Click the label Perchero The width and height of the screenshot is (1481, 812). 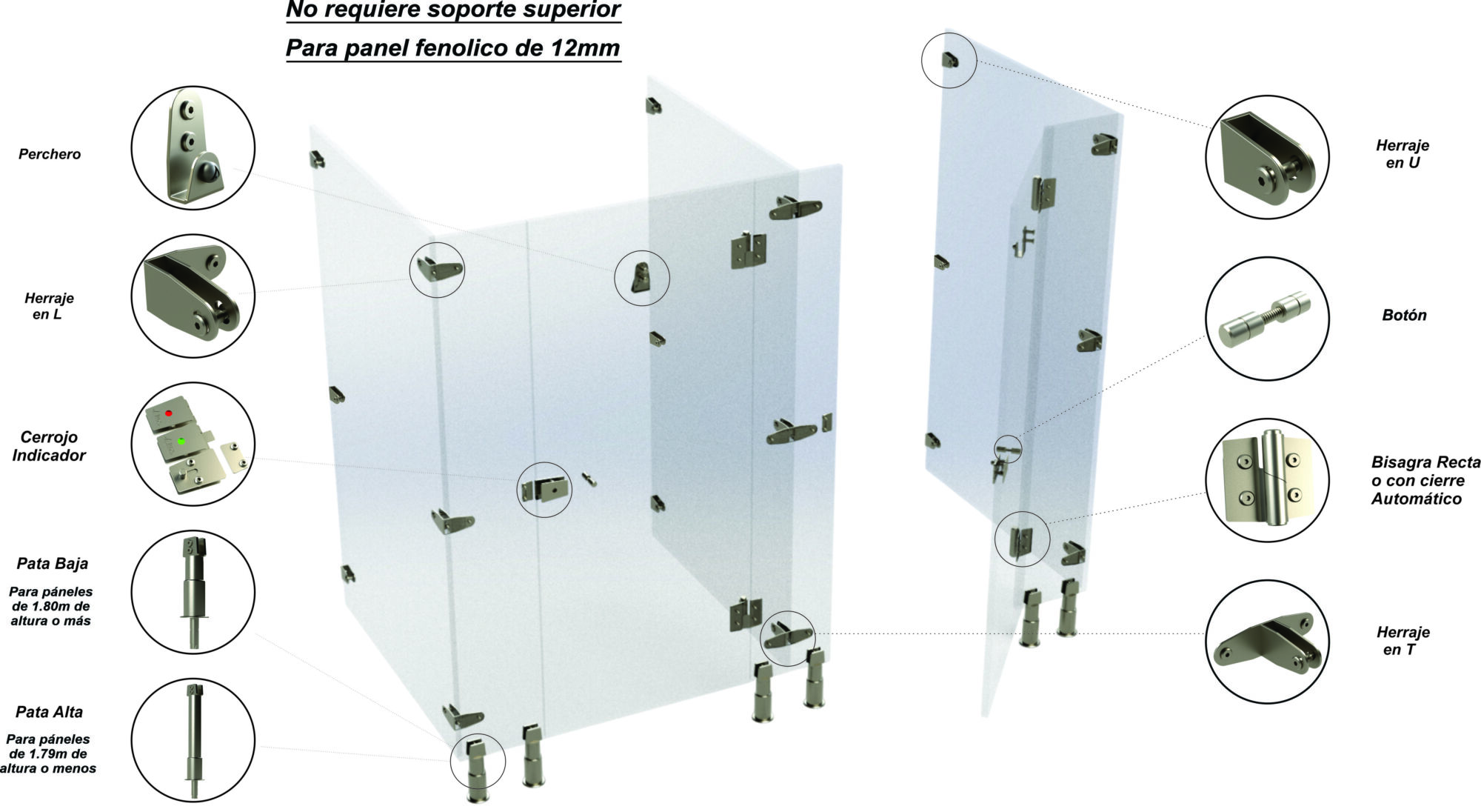50,154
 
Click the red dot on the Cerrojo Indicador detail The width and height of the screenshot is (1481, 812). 169,413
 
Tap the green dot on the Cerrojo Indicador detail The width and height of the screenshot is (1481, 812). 181,441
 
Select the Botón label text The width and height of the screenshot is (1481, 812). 1404,315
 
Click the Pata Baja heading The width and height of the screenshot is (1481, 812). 53,563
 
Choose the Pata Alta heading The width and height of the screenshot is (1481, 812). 50,712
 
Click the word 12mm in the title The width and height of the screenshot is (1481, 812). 586,48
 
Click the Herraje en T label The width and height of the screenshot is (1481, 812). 1403,641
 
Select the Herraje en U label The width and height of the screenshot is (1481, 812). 1403,154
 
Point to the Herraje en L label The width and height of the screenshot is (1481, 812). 49,306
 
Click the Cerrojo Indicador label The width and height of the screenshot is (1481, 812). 49,446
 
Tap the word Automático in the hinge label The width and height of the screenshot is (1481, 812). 1417,499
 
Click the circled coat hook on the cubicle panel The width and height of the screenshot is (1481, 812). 640,279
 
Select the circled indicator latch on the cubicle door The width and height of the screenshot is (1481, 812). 545,489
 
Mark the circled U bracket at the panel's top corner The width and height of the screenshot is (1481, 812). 950,60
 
